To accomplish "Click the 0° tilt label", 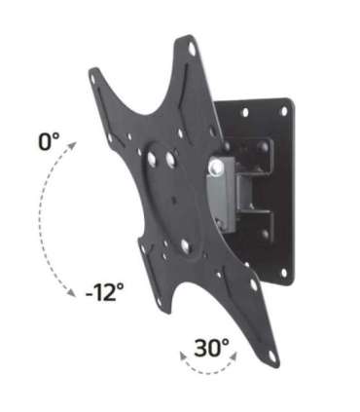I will tap(49, 142).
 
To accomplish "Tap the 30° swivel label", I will tap(212, 347).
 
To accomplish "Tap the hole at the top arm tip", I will tap(192, 47).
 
